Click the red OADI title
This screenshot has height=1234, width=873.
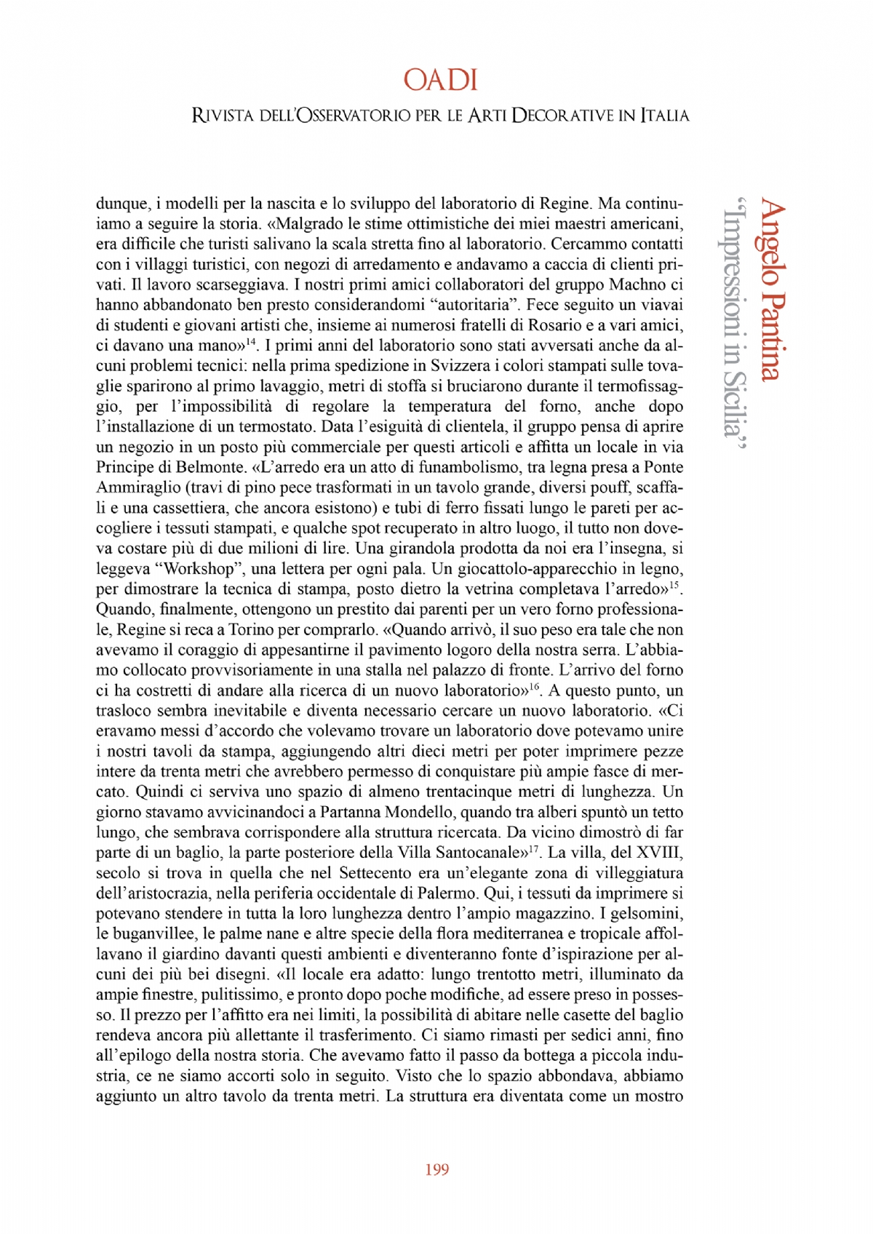click(x=440, y=80)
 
